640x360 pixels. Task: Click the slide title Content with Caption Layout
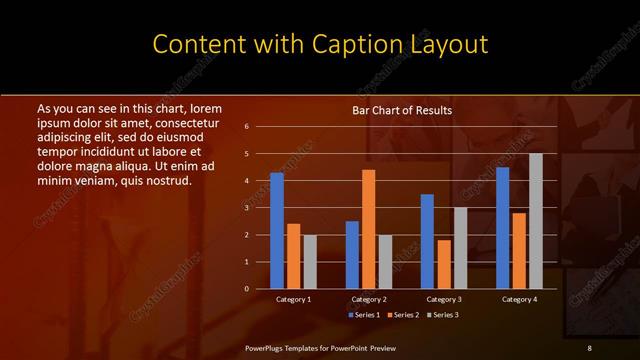click(320, 44)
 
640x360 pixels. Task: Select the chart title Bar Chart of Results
click(402, 110)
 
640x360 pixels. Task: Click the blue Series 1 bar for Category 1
click(277, 231)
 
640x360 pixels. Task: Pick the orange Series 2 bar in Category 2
click(368, 229)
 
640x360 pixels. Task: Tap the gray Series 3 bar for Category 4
click(535, 221)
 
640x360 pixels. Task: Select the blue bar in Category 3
click(427, 241)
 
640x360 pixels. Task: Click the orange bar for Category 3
click(443, 264)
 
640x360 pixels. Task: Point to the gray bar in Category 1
click(310, 261)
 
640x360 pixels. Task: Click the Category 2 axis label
click(369, 299)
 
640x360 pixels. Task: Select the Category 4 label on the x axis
click(519, 299)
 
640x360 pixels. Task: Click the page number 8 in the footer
click(590, 347)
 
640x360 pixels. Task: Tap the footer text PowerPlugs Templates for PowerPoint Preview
click(321, 347)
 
